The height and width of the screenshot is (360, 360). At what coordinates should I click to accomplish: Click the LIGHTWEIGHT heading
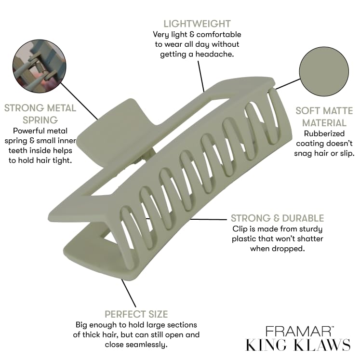coord(197,24)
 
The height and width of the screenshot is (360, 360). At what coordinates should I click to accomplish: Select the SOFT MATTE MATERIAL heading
coord(320,117)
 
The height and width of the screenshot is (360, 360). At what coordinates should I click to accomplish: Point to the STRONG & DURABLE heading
coord(277,218)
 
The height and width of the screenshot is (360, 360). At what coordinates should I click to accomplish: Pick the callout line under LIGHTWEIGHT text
coord(201,75)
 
